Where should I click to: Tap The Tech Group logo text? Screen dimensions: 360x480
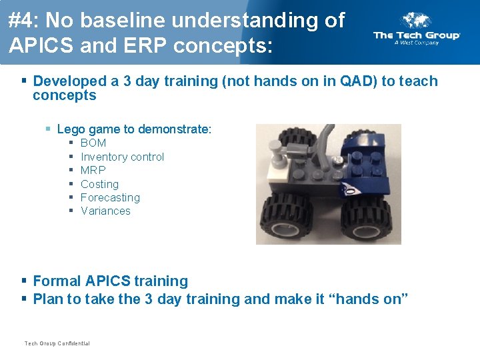coord(417,35)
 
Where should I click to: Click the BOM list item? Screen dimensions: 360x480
coord(93,143)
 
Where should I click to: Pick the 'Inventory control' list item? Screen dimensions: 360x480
coord(122,157)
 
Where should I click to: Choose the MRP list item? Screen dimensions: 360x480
coord(93,170)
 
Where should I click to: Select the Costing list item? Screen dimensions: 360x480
coord(99,184)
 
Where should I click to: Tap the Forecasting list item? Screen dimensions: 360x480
coord(110,197)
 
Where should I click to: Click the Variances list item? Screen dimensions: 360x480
coord(105,211)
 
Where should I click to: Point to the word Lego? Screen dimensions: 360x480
coord(72,129)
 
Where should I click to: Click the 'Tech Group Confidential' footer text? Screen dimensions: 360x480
coord(57,343)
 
